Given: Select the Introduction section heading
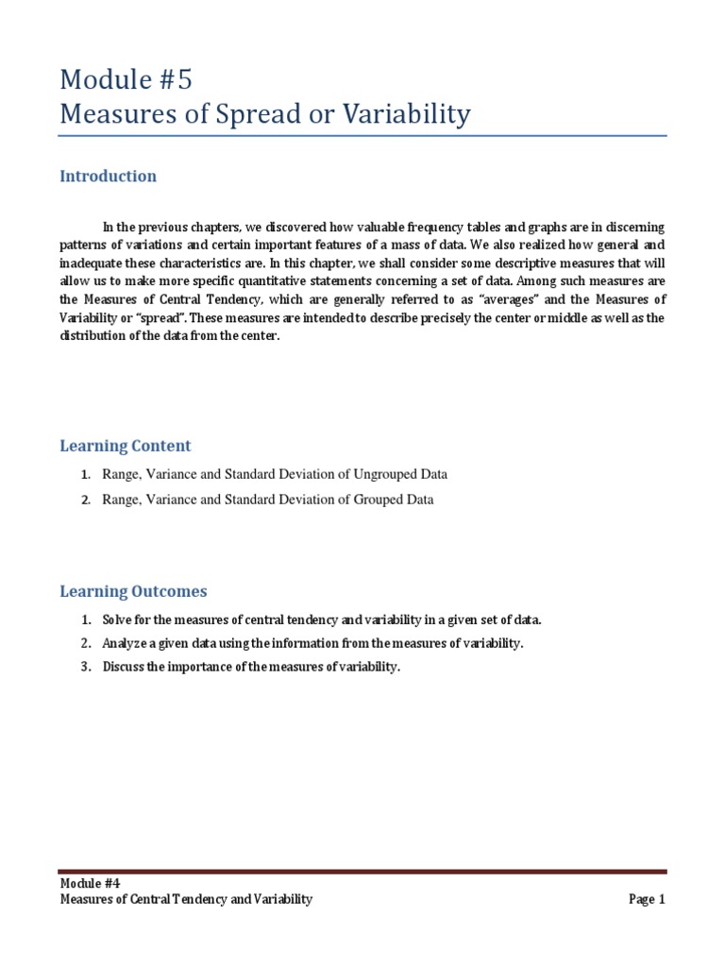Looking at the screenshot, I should tap(109, 177).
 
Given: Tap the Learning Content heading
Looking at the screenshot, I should tap(126, 446).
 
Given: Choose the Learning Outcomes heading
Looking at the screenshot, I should tap(133, 592).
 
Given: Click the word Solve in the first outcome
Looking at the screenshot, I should tap(119, 620).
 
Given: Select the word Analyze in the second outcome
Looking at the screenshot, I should tap(126, 644).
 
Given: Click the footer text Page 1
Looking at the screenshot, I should tap(647, 900).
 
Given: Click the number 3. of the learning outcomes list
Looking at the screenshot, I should tap(86, 668).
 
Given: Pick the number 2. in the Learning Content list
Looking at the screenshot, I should tap(86, 500).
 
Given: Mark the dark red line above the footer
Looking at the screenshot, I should tap(362, 872).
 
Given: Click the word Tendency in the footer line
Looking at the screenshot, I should tap(197, 900).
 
